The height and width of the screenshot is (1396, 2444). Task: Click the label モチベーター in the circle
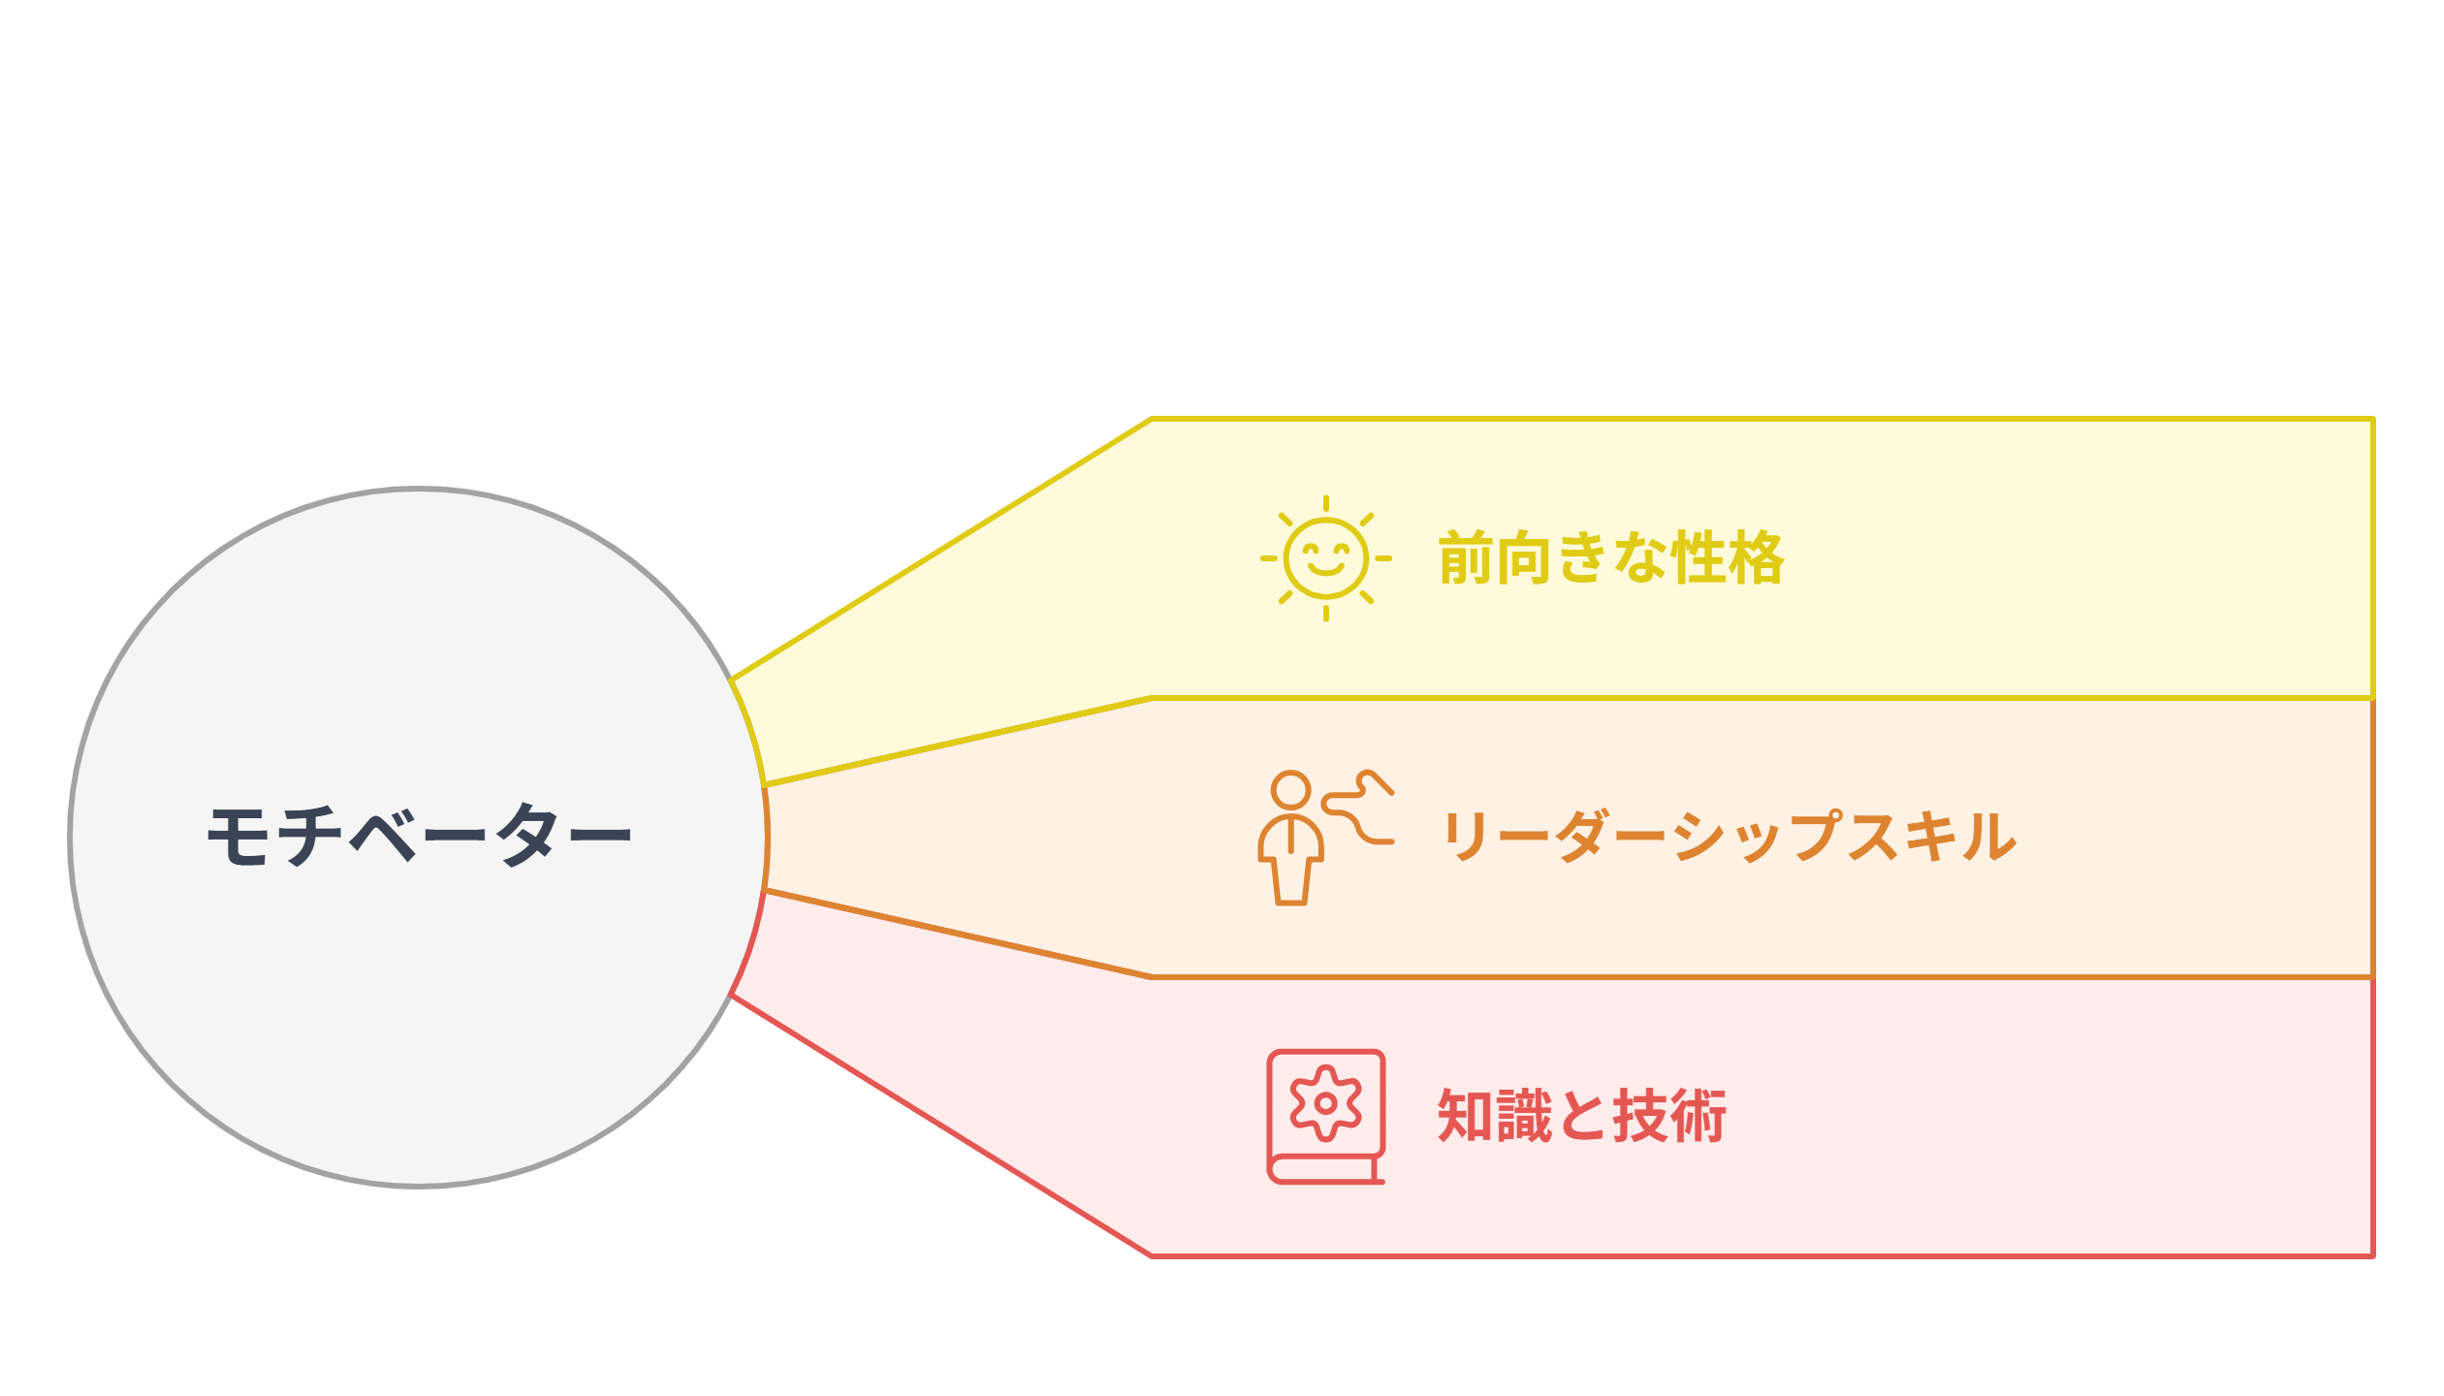point(420,835)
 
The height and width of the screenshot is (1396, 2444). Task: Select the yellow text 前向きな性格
point(1611,558)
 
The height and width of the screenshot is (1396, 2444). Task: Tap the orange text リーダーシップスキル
point(1730,836)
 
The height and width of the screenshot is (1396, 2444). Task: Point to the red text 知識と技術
point(1582,1116)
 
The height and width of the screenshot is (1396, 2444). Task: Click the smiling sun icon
point(1326,558)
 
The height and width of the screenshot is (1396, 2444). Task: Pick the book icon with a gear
point(1326,1117)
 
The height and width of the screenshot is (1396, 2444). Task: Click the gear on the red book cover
point(1326,1103)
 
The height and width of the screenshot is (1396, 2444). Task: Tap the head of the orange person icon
point(1291,790)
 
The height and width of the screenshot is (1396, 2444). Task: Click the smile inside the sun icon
point(1326,565)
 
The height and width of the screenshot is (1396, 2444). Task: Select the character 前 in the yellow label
point(1467,558)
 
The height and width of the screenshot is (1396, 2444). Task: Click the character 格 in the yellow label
point(1756,558)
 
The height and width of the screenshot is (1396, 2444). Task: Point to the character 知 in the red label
point(1466,1116)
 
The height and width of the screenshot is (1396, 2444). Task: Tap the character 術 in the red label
point(1698,1116)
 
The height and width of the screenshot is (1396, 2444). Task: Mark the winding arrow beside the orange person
point(1358,807)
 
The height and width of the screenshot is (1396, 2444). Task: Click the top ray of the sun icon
point(1326,504)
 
